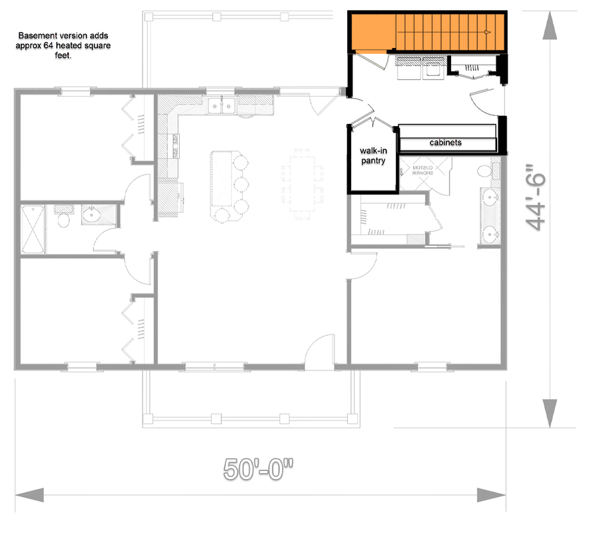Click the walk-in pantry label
click(372, 156)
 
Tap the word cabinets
click(446, 143)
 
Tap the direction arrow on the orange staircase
click(487, 31)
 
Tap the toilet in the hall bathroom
click(64, 219)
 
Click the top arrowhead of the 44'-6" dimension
click(550, 27)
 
